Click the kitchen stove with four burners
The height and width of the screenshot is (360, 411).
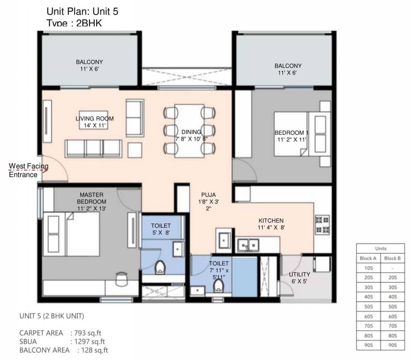pos(323,224)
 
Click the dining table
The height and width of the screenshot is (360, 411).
pos(189,131)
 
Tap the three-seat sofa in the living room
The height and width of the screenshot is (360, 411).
pos(93,148)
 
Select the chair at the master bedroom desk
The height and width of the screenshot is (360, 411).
pos(121,278)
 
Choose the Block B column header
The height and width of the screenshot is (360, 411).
pos(392,258)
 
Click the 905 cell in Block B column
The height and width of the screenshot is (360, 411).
pos(392,345)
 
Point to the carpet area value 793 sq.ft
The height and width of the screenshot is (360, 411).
pos(88,333)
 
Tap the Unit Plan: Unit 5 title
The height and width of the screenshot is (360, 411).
pos(83,12)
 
